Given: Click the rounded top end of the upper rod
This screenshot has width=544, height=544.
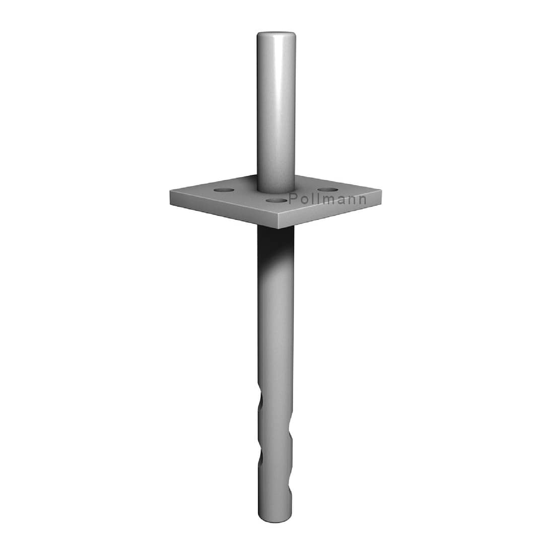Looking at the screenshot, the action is pos(276,35).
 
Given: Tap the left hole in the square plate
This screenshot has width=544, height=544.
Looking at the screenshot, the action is pos(224,190).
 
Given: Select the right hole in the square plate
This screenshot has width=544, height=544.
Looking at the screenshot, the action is pos(328,190).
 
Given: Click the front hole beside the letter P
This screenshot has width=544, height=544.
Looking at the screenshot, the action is pos(277,200).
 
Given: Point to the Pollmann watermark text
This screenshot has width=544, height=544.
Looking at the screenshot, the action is pos(327,199).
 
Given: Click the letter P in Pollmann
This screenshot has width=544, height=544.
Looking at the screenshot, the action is pos(293,199).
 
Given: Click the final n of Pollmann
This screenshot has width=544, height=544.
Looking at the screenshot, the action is pos(362,200).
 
